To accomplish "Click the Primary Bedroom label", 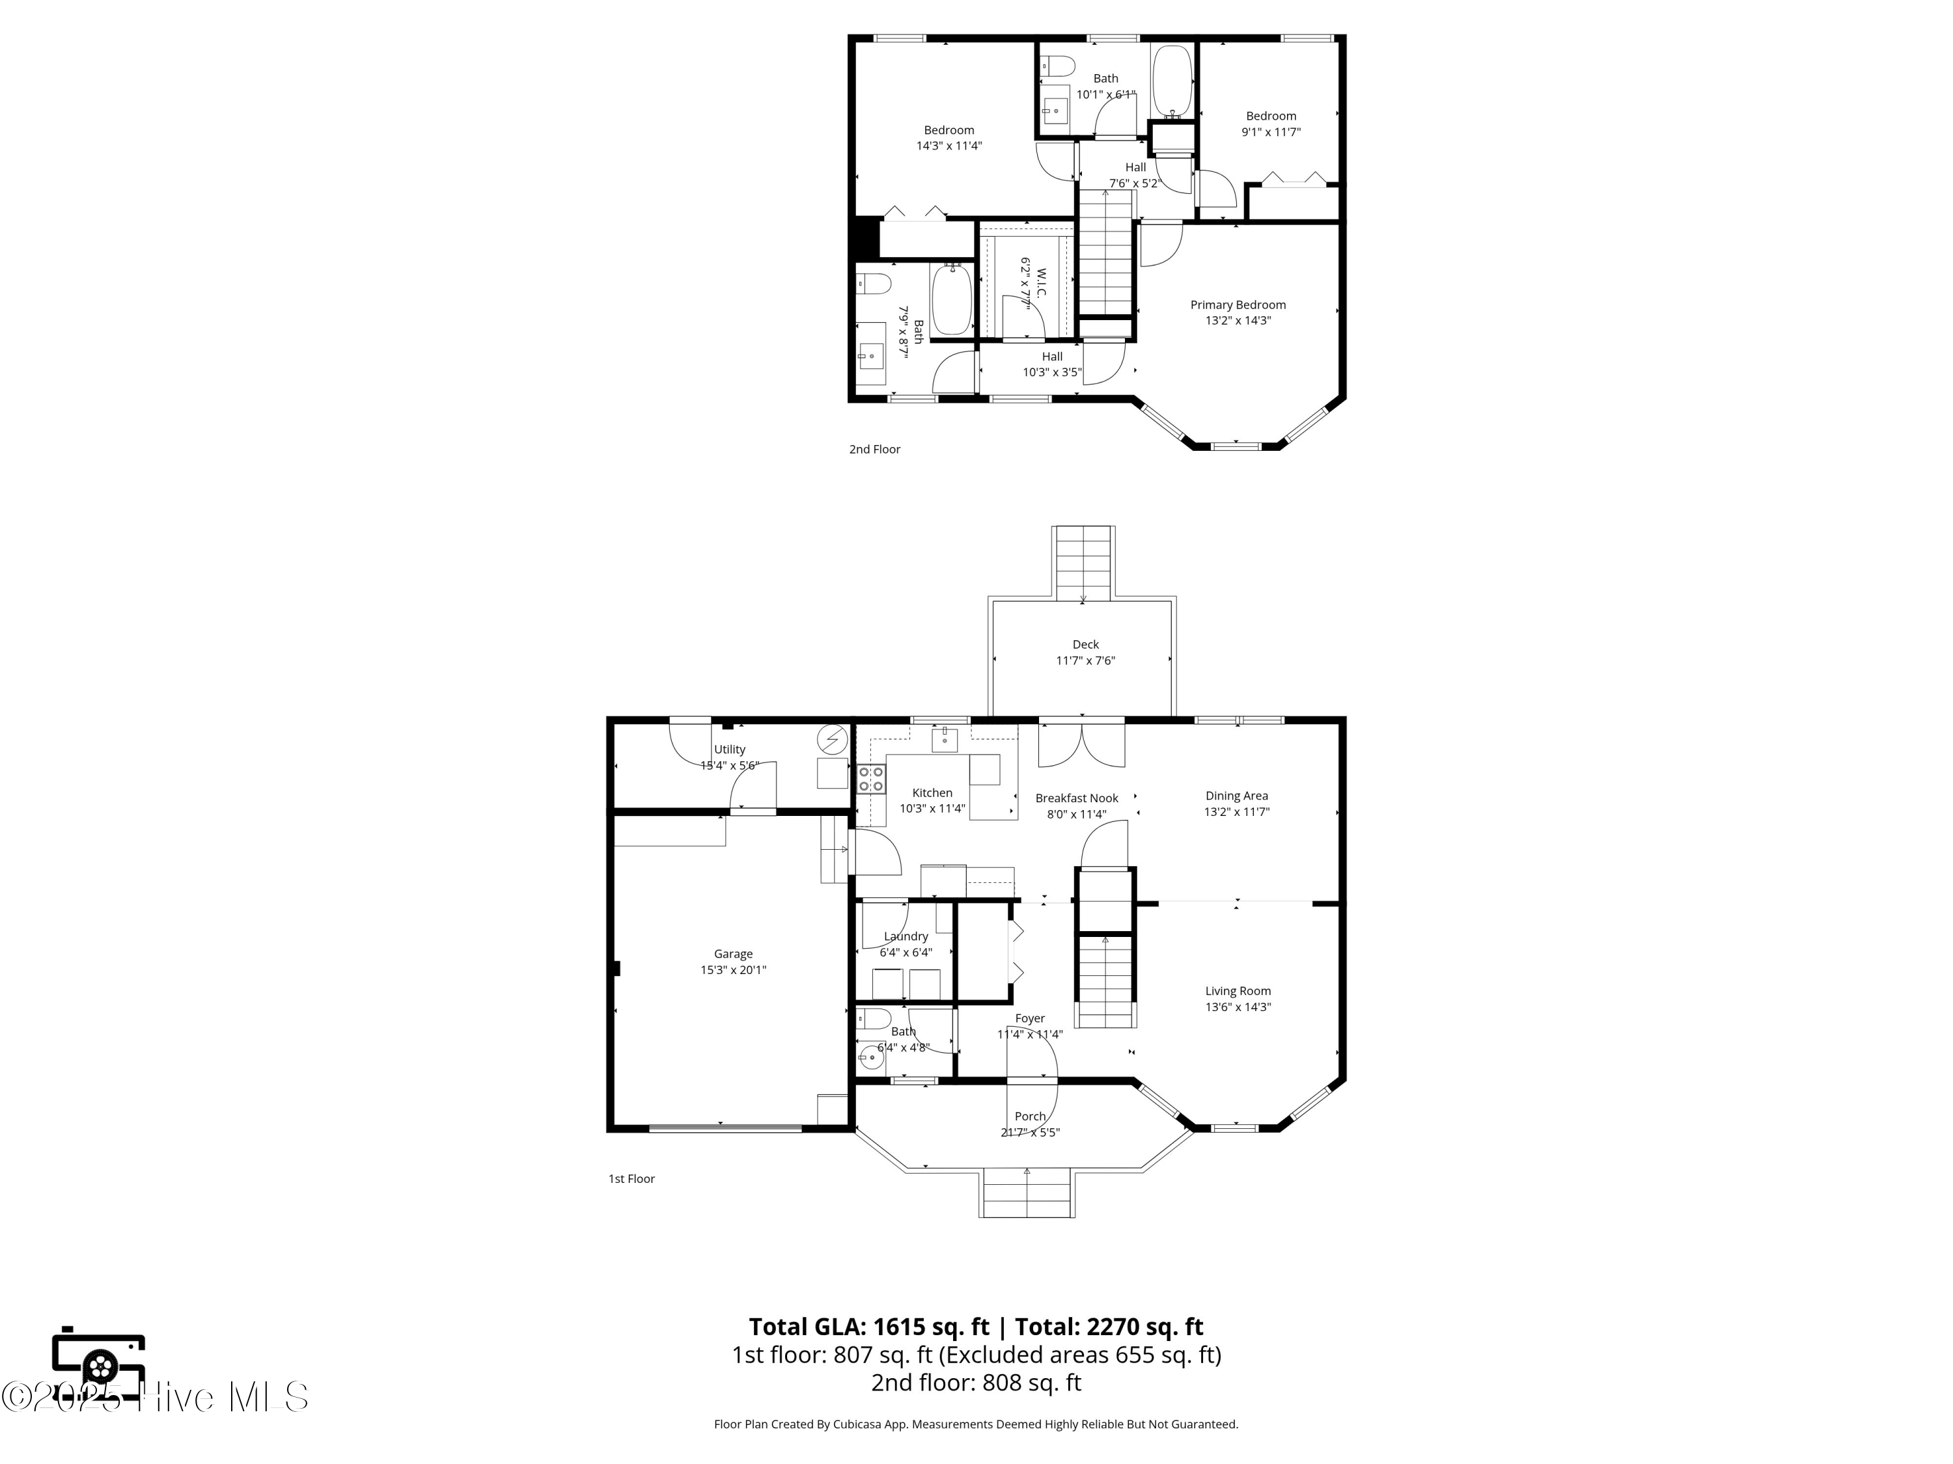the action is pos(1238,305).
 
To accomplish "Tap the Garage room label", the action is pos(733,954).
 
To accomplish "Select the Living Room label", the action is pos(1238,991).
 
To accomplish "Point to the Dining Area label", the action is pos(1236,796).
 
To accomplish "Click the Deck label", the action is pos(1085,645).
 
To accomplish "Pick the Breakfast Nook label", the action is pos(1076,798).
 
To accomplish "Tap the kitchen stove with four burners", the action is pos(870,779).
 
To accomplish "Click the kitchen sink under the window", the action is pos(944,739).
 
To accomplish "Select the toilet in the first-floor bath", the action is pos(874,1019).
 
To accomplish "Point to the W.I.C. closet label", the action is pos(1042,282).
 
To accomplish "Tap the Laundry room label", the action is pos(906,937).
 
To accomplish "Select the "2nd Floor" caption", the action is pos(874,449).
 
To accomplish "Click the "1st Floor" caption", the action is pos(631,1179).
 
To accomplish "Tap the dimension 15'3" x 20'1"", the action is pos(733,971).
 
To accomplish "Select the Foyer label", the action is pos(1029,1019).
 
